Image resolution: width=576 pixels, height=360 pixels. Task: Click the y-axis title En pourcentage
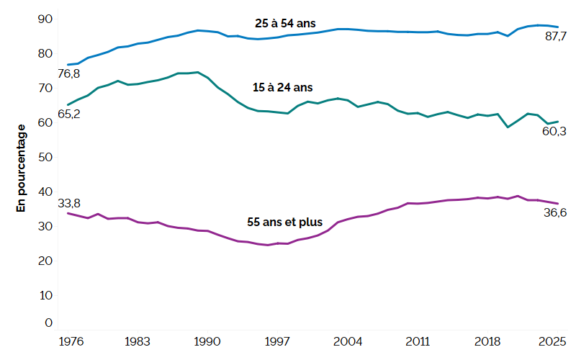[20, 166]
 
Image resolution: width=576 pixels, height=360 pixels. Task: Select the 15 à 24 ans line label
[283, 87]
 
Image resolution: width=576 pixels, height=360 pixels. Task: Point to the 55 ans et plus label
[285, 222]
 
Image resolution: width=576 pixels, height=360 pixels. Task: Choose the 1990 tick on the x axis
[208, 341]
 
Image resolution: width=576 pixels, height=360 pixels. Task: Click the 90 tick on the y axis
[45, 19]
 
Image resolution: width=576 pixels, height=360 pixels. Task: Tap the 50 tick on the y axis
[45, 157]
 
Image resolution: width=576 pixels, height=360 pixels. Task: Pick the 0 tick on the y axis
[48, 323]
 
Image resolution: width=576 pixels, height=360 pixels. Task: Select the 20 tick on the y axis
[45, 261]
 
